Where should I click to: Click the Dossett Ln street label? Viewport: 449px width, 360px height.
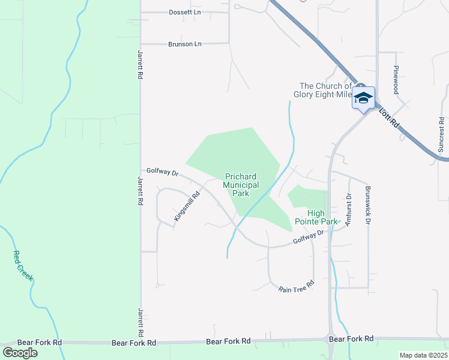pos(185,12)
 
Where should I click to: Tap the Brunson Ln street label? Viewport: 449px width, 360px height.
pos(185,44)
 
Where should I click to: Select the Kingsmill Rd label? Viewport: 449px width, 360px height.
pos(187,206)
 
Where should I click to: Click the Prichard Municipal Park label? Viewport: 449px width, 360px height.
pos(240,185)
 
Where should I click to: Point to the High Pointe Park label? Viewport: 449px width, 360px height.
pos(316,217)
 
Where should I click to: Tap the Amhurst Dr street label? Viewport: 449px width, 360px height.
pos(348,208)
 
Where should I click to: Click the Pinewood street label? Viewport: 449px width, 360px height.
pos(396,80)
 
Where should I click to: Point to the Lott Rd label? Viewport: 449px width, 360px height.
pos(388,118)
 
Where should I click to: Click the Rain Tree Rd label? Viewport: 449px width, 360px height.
pos(297,287)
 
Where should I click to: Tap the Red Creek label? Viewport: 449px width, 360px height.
pos(23,266)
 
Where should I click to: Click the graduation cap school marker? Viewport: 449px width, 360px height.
pos(363,98)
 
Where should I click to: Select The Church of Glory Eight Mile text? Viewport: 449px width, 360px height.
pos(325,90)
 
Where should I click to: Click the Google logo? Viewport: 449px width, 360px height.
pos(20,353)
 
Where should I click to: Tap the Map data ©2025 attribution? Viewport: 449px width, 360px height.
pos(423,355)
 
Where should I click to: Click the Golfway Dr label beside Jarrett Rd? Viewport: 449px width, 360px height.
pos(163,173)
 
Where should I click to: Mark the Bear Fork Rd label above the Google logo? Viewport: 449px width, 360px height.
pos(40,342)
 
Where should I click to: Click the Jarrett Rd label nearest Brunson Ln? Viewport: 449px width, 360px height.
pos(140,65)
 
